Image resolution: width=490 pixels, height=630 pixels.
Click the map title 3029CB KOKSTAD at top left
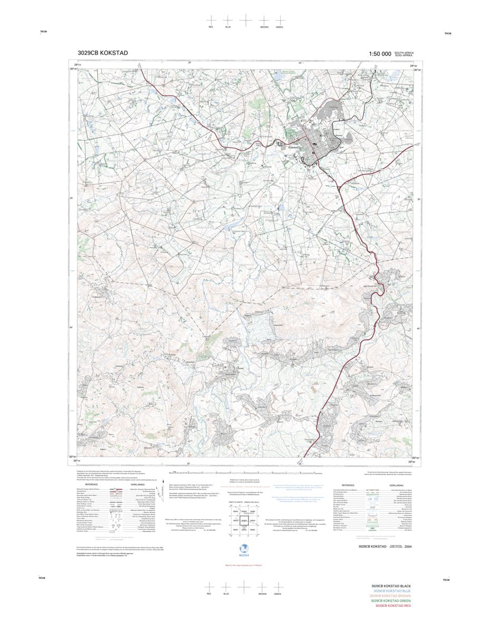pos(102,53)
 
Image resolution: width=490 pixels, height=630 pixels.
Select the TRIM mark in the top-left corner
pos(43,33)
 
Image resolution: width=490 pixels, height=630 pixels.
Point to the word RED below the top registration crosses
pos(210,26)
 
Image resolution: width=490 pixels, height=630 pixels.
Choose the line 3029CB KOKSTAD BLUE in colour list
pos(391,591)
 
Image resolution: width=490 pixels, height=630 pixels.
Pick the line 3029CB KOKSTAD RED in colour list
pos(392,605)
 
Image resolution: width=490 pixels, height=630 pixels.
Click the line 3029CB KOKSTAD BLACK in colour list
pos(390,586)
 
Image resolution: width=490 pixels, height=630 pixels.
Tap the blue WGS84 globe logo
pos(243,549)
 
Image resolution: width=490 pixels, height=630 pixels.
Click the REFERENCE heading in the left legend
pos(91,484)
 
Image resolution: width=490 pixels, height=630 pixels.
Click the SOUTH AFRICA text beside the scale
pos(407,52)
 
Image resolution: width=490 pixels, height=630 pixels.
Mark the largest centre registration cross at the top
pos(245,19)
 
